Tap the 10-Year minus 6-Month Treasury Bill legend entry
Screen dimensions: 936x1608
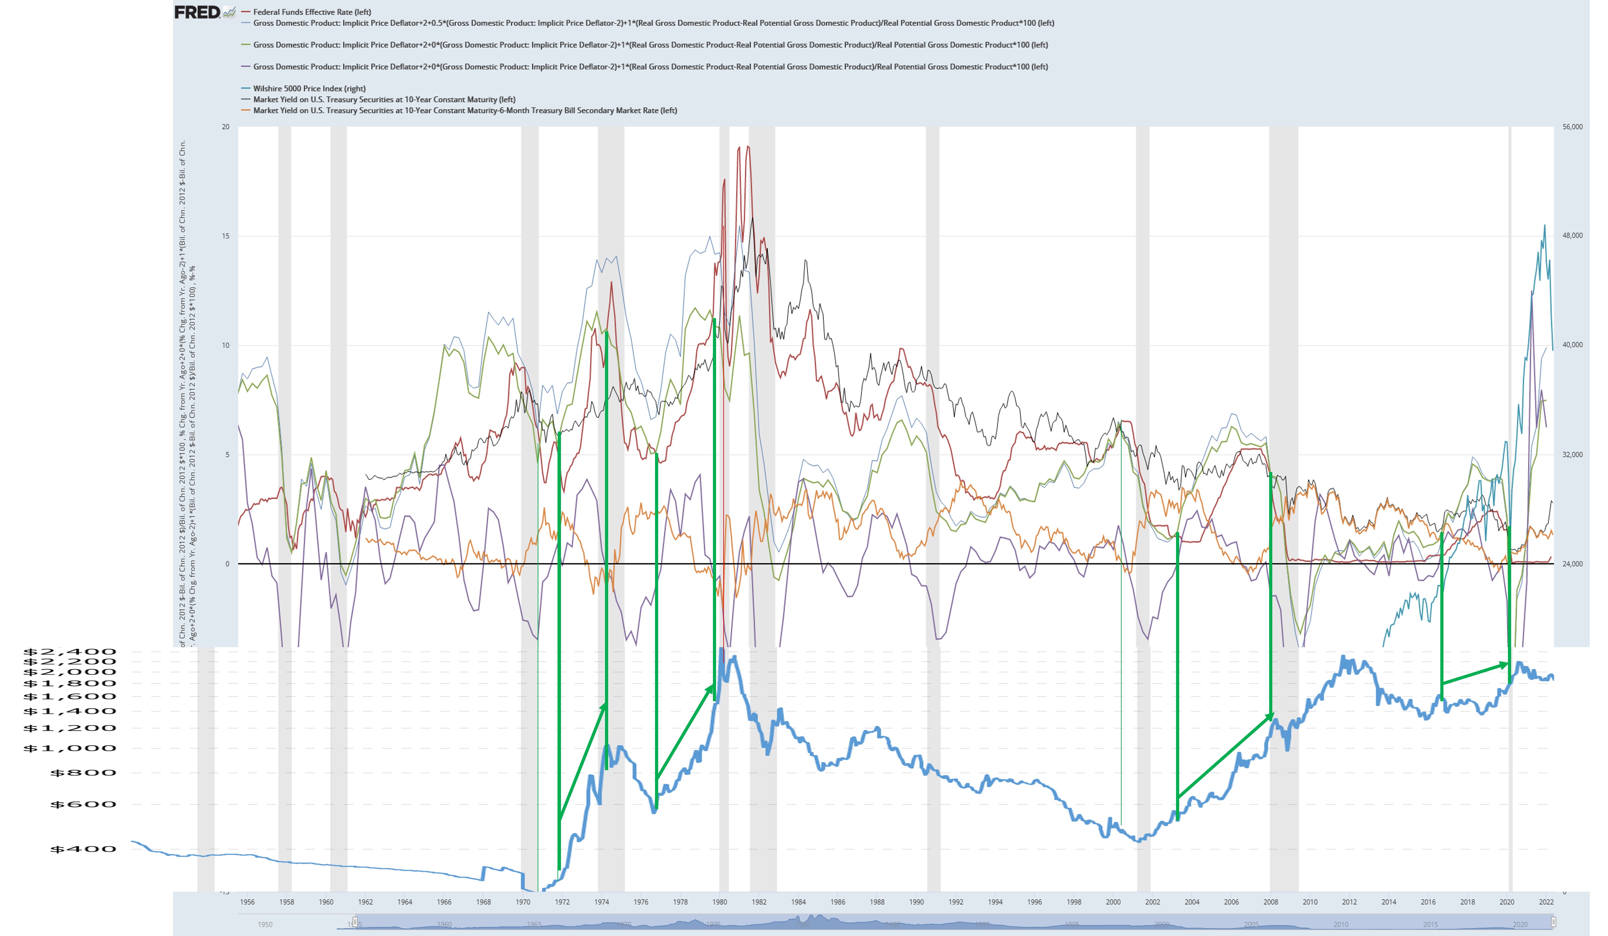(x=465, y=110)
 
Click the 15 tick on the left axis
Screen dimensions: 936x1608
(x=225, y=236)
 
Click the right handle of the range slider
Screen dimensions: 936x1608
(x=1553, y=922)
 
